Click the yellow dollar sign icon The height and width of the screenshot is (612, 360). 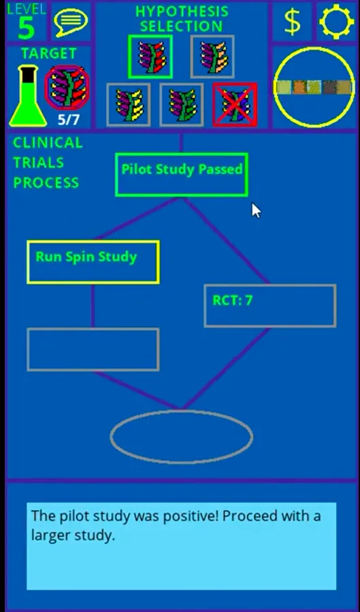point(293,21)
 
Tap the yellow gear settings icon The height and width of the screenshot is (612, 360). point(337,21)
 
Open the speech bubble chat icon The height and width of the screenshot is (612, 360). point(71,22)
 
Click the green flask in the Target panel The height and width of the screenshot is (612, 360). point(28,96)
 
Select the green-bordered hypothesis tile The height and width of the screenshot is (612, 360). point(150,56)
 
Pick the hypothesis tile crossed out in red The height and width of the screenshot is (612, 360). point(235,105)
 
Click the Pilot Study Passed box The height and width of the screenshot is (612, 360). point(182,175)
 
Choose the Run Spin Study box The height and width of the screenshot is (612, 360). point(93,262)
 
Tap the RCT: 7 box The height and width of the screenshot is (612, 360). point(269,305)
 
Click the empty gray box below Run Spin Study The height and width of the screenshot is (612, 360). point(93,350)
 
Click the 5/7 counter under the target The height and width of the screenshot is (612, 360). point(69,120)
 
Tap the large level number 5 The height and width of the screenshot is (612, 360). point(26,28)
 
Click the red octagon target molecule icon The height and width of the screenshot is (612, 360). point(67,88)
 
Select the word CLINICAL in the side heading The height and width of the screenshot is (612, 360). point(48,143)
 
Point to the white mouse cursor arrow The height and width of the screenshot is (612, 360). point(256,210)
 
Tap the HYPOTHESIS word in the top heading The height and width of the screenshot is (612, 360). point(182,12)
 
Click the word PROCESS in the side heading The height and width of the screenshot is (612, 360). point(46,183)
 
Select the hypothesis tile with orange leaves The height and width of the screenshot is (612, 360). point(212,56)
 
